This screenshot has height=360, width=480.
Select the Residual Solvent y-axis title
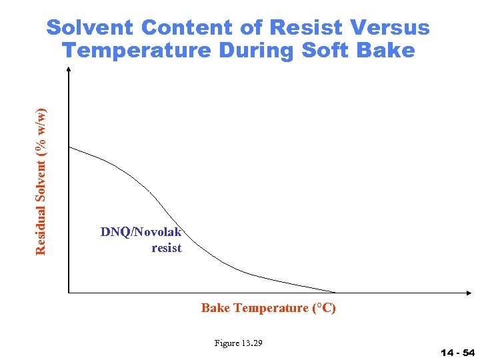point(41,181)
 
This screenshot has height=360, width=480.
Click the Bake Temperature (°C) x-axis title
point(269,308)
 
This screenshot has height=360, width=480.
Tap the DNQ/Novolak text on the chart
point(141,232)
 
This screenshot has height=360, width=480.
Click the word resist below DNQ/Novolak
point(167,248)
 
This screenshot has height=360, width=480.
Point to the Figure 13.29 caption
point(238,343)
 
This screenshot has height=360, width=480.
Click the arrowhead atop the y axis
point(69,71)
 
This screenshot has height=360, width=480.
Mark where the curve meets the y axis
point(69,147)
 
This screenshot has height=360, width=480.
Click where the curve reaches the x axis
point(335,292)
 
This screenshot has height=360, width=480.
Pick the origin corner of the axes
point(69,292)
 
